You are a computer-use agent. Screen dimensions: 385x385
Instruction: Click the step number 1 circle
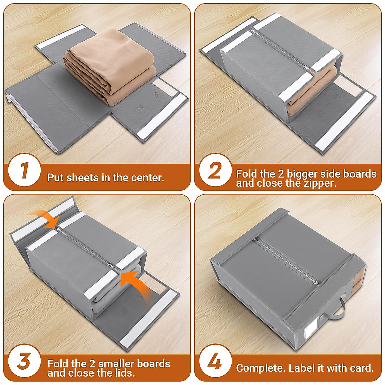coord(24,170)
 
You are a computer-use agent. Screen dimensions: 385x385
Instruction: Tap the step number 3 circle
coord(24,361)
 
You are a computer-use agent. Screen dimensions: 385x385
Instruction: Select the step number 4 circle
coord(215,361)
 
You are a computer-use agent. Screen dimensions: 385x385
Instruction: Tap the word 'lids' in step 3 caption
coord(124,373)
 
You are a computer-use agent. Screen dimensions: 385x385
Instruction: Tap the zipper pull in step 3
coord(110,264)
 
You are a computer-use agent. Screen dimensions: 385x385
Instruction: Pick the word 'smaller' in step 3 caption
coord(116,364)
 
